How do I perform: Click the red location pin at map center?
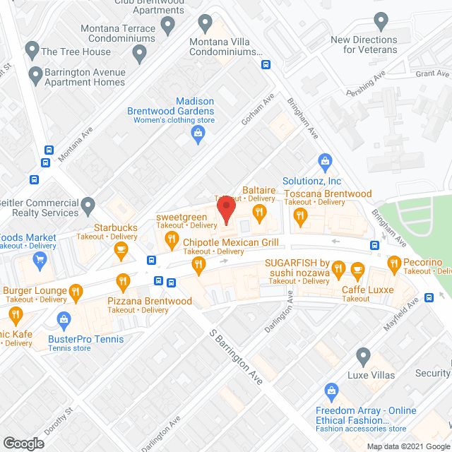pyautogui.click(x=226, y=210)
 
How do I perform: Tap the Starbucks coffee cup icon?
pyautogui.click(x=121, y=248)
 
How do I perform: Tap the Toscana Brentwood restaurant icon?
pyautogui.click(x=301, y=215)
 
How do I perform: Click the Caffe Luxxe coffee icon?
pyautogui.click(x=357, y=269)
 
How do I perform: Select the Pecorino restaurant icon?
pyautogui.click(x=395, y=266)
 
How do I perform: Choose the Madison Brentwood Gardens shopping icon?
pyautogui.click(x=200, y=133)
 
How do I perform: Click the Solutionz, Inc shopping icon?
pyautogui.click(x=325, y=162)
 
